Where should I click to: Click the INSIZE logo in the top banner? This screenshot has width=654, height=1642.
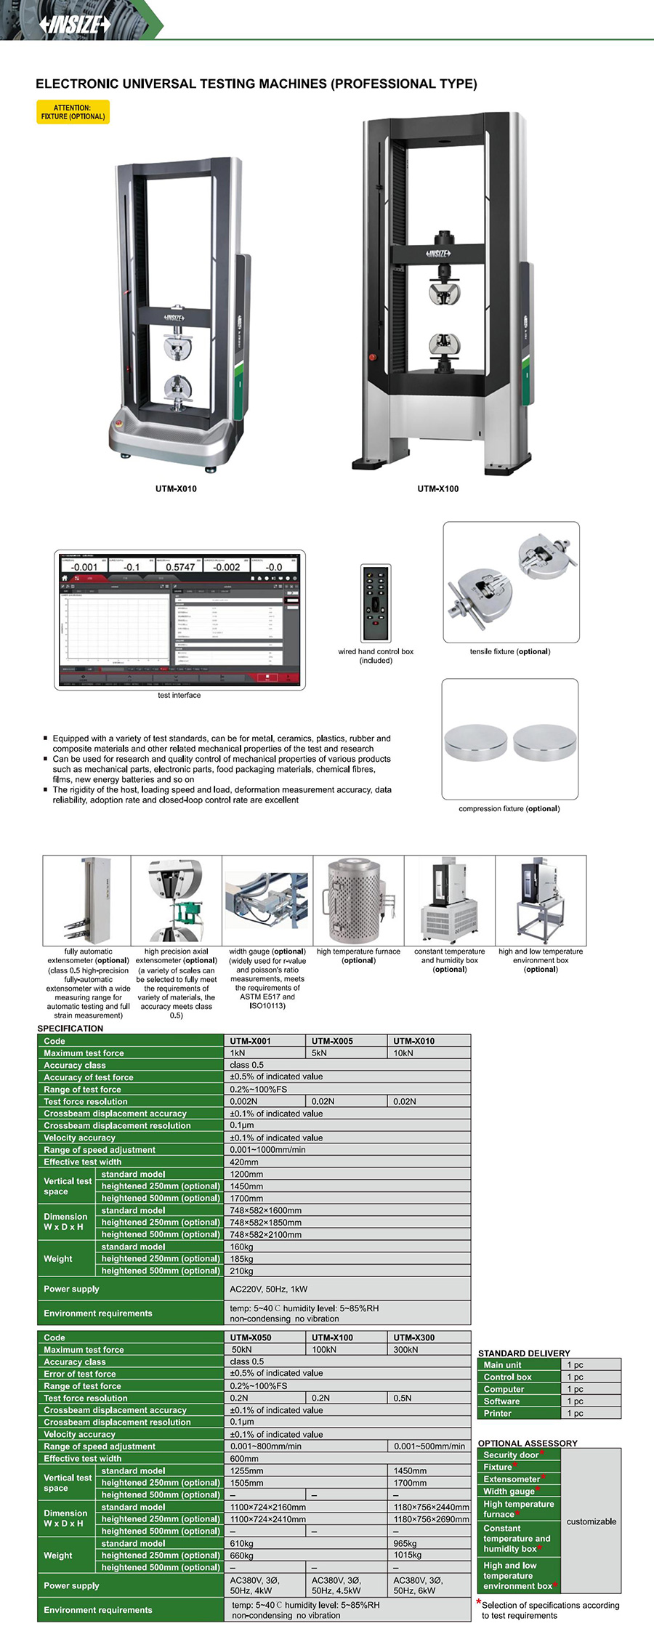pos(76,25)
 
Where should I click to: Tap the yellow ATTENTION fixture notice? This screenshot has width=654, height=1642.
pos(73,112)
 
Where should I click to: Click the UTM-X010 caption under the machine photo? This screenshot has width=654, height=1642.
pos(176,488)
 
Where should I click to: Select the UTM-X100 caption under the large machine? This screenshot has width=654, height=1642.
pos(437,488)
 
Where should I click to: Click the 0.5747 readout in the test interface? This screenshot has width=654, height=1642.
pos(180,567)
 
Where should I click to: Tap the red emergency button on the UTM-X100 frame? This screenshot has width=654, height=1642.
pos(373,357)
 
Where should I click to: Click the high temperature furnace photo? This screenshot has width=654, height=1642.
pos(358,900)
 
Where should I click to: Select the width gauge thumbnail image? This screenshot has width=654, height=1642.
pos(267,900)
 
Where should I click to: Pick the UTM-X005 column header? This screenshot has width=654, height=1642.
pos(332,1041)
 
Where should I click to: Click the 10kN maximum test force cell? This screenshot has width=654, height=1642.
pos(403,1053)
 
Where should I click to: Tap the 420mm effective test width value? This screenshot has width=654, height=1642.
pos(244,1162)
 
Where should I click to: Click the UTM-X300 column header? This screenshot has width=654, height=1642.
pos(414,1337)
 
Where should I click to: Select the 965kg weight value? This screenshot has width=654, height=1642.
pos(405,1543)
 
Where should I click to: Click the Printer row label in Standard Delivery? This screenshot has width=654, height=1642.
pos(498,1413)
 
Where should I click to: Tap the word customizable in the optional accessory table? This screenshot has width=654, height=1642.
pos(591,1521)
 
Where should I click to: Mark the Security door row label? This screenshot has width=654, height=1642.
pos(512,1454)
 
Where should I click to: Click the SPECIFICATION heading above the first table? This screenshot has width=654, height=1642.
pos(70,1028)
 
